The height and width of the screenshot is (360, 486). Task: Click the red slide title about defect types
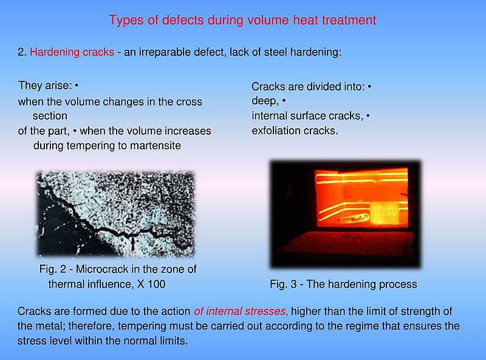(242, 21)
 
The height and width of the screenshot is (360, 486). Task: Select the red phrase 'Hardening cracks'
(72, 52)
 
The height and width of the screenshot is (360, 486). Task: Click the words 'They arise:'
(45, 85)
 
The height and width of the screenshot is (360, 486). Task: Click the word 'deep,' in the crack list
(265, 101)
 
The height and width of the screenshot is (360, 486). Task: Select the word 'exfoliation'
(276, 131)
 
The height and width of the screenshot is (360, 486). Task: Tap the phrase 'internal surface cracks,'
(307, 116)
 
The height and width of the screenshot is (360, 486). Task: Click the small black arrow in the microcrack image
(133, 243)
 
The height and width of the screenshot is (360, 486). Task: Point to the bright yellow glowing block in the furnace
(385, 213)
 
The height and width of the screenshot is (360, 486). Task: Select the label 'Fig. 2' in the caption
(53, 269)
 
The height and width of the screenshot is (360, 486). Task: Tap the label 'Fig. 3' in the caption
(283, 284)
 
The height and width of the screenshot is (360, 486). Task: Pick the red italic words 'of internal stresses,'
(241, 311)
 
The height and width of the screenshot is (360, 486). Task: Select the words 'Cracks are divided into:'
(308, 86)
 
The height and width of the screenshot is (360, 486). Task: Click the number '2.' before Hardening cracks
(22, 52)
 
